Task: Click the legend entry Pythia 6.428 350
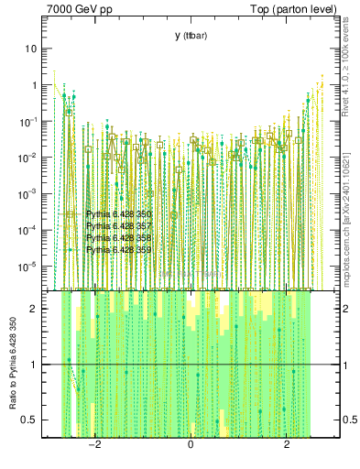[x=118, y=214]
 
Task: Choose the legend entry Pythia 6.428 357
[x=118, y=226]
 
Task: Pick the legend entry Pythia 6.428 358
[x=118, y=237]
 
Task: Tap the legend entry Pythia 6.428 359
[x=118, y=249]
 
